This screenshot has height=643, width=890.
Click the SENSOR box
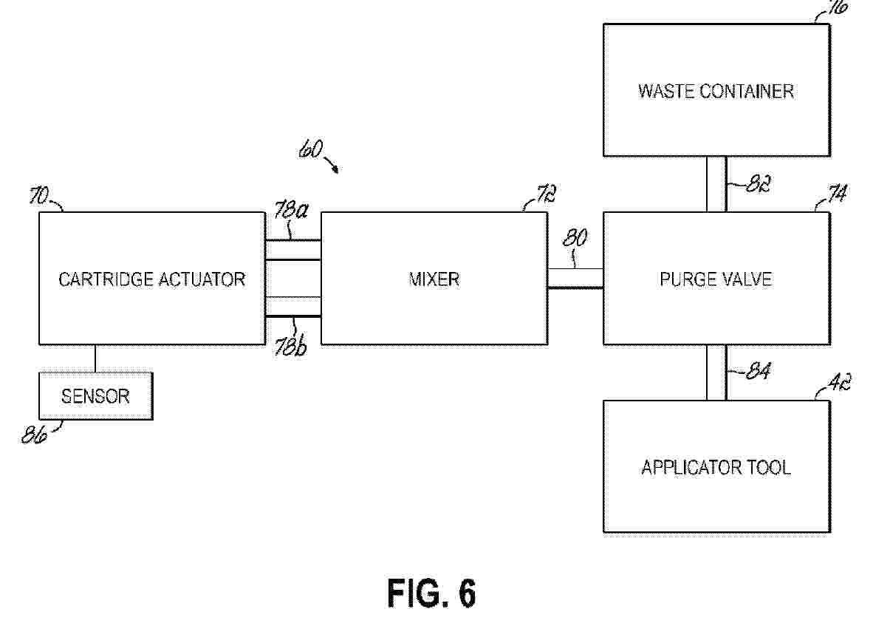95,396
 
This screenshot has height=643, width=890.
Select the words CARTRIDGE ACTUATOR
151,279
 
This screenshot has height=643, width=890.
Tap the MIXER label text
434,279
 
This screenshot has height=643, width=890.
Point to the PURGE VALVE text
716,279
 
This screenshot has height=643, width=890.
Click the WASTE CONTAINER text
716,91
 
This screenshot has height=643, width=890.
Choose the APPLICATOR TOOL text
716,467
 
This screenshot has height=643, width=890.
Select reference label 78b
290,347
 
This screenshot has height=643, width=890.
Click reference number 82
750,185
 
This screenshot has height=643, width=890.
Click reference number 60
309,150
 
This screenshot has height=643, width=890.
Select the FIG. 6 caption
431,593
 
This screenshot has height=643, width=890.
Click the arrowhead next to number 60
336,170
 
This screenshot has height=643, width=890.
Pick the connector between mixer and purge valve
575,278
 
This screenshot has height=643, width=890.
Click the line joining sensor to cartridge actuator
95,358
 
